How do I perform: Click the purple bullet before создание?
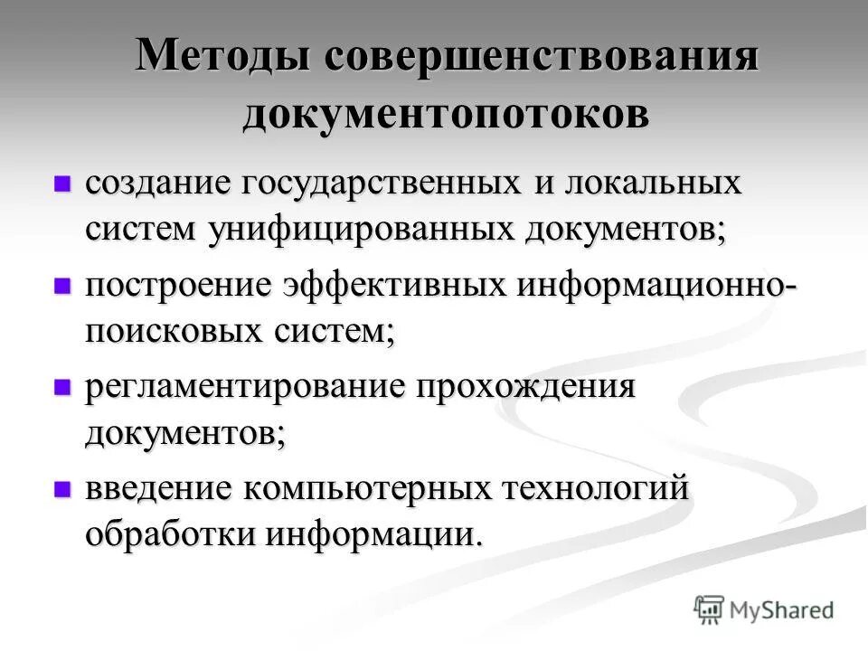(61, 184)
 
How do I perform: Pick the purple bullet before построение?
(61, 286)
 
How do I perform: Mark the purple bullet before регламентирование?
(61, 388)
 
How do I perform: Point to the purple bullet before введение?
(61, 489)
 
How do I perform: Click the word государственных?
(381, 184)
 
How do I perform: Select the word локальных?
(650, 184)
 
